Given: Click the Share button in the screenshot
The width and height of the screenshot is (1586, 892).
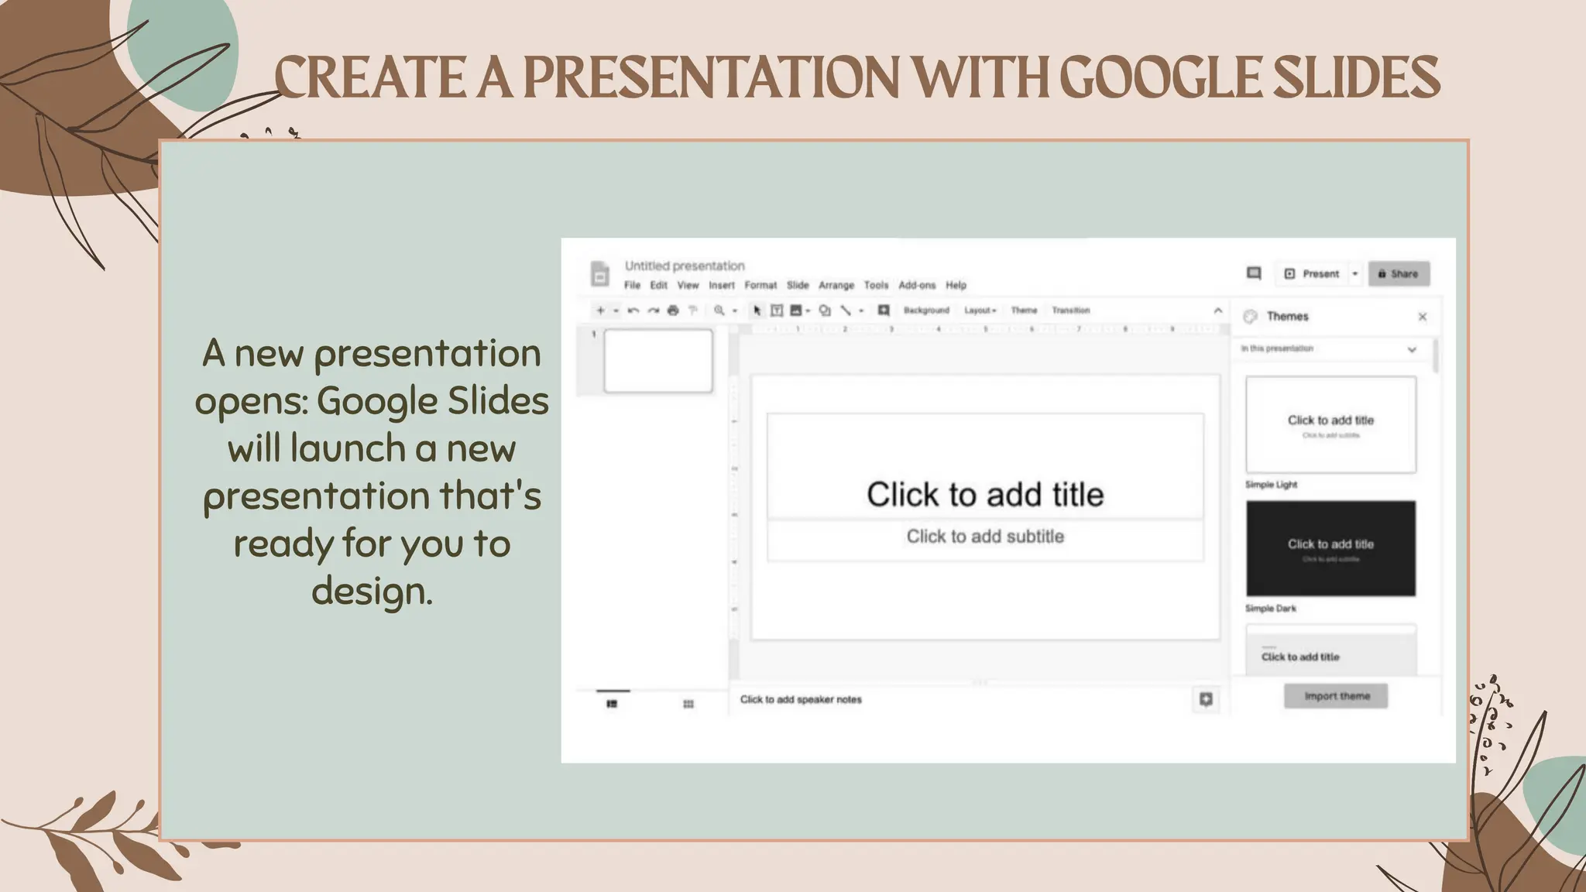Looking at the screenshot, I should [x=1399, y=274].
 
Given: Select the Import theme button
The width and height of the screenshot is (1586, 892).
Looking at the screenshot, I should [x=1336, y=696].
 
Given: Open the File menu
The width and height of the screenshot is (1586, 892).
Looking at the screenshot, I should [x=632, y=285].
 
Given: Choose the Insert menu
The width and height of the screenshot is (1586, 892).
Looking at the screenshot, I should [x=722, y=285].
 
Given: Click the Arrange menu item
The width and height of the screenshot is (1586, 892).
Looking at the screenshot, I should [x=836, y=285].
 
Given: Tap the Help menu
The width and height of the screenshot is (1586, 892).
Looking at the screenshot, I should [x=956, y=285].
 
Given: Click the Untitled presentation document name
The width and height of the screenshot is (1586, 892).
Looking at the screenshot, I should [x=685, y=266].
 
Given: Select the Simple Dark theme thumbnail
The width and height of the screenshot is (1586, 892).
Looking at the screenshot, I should [x=1330, y=548].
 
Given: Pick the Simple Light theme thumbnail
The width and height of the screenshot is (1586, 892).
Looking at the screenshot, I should [x=1330, y=424].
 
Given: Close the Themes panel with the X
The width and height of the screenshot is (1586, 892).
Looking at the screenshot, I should [x=1422, y=317].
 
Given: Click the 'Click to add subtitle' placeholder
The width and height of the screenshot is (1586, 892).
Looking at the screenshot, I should [x=985, y=537].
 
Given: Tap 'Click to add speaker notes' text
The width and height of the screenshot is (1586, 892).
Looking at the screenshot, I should [x=801, y=699].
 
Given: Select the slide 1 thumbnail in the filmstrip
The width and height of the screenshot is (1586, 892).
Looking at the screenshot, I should [x=658, y=361].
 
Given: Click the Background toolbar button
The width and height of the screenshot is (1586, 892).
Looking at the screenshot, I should [x=926, y=310].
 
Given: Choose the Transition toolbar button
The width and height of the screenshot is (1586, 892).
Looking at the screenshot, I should [x=1070, y=310].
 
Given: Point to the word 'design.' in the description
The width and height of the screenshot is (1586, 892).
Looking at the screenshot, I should [x=372, y=592].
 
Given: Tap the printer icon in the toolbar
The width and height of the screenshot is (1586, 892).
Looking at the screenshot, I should [x=673, y=310].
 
